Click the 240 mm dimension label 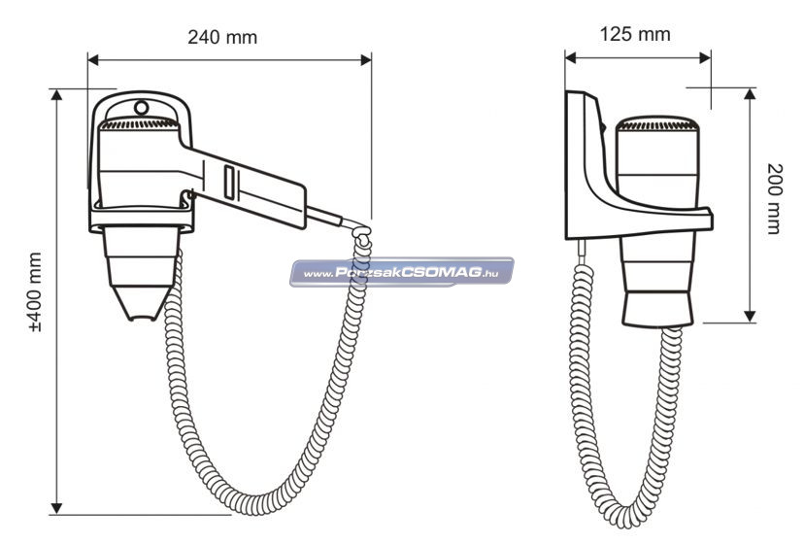pyautogui.click(x=222, y=38)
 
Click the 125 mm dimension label pyautogui.click(x=635, y=34)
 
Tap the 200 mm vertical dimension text pyautogui.click(x=775, y=198)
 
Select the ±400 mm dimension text pyautogui.click(x=35, y=292)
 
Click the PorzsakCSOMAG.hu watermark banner pyautogui.click(x=401, y=272)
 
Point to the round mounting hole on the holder pyautogui.click(x=142, y=108)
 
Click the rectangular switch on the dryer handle pyautogui.click(x=230, y=182)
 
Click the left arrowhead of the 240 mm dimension pyautogui.click(x=93, y=60)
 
